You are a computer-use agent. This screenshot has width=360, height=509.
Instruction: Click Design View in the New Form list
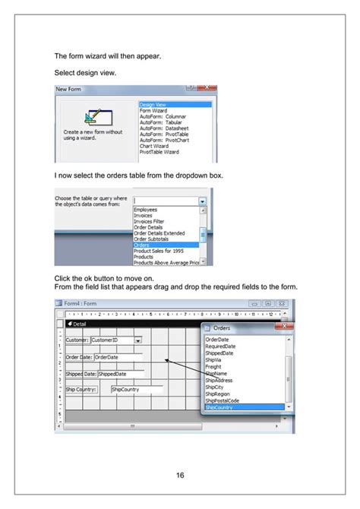(x=154, y=105)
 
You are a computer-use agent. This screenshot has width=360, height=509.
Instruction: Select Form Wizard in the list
(x=153, y=110)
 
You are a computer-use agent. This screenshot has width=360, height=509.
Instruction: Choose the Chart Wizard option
(x=155, y=147)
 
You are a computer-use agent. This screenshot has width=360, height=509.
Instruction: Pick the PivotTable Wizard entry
(x=159, y=152)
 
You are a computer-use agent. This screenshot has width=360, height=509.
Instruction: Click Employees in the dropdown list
(x=147, y=209)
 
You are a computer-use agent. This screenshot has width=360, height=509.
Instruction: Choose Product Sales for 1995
(x=158, y=251)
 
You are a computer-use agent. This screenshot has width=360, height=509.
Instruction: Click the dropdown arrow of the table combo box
(x=202, y=201)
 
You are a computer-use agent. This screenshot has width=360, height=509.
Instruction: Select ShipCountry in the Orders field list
(x=219, y=408)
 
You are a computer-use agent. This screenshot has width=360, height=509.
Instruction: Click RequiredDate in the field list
(x=221, y=346)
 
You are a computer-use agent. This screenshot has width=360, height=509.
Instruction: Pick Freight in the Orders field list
(x=213, y=367)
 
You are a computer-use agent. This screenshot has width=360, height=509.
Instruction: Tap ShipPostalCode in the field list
(x=223, y=401)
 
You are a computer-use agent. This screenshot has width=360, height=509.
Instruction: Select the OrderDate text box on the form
(x=118, y=357)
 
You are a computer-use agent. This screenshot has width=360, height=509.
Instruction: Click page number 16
(x=180, y=476)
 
